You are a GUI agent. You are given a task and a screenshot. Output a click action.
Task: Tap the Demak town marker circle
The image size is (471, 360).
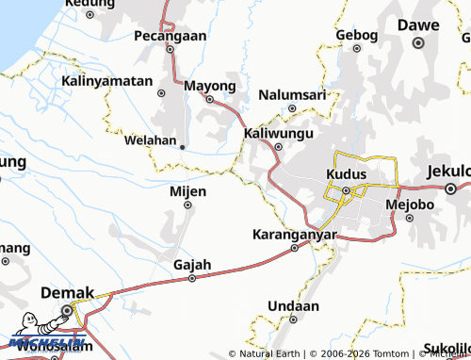click(67, 310)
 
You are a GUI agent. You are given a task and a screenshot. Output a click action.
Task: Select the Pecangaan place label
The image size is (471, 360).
click(171, 35)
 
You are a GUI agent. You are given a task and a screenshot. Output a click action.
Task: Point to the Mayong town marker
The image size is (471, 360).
click(209, 99)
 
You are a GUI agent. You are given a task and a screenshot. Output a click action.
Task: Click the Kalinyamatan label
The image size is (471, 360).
click(106, 81)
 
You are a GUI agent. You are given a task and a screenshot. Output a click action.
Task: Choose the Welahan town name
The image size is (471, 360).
click(151, 140)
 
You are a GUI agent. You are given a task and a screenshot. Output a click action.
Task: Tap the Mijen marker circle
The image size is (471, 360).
click(187, 205)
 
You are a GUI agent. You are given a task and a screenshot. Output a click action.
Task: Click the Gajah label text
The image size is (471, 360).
click(192, 264)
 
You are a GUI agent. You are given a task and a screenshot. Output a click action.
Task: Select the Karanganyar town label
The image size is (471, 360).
click(295, 234)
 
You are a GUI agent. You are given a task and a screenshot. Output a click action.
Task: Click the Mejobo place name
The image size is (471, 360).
click(409, 203)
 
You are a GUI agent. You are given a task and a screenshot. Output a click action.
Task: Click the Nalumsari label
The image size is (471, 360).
click(292, 95)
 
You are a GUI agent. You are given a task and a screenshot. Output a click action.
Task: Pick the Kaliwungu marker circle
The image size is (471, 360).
click(278, 148)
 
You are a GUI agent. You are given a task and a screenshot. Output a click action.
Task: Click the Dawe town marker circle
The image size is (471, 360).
click(418, 42)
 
